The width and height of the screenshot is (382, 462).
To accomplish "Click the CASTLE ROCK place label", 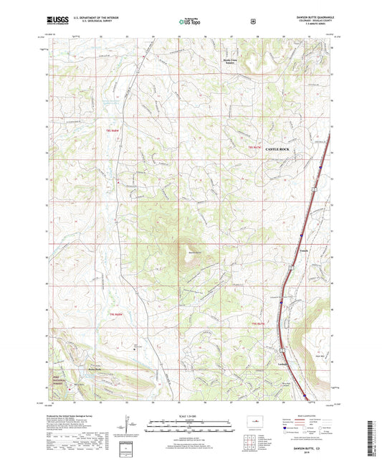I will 282,149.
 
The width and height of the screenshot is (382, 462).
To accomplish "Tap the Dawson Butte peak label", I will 191,252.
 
